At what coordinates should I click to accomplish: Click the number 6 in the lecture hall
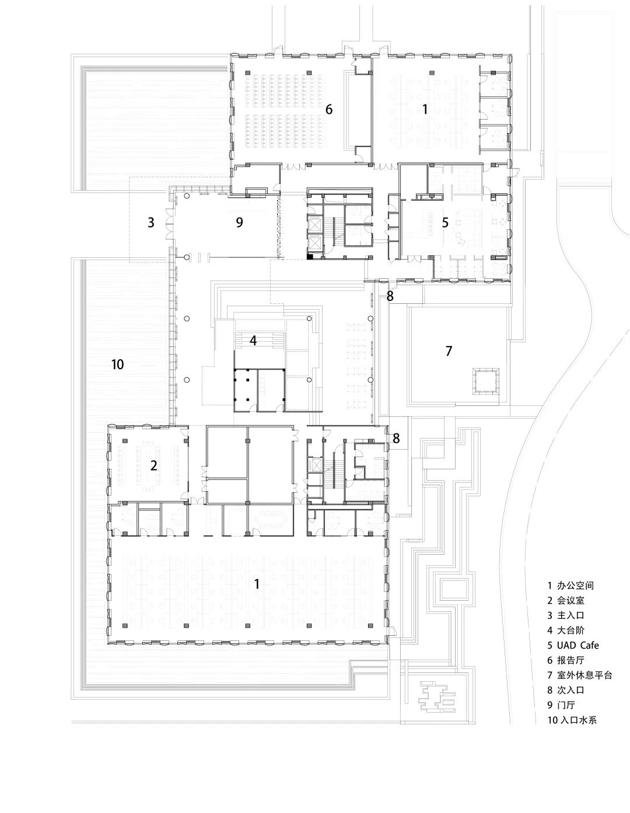point(329,109)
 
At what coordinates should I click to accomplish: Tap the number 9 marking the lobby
point(239,222)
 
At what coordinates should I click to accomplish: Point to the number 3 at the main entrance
point(151,222)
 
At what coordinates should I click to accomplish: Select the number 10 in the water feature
point(117,365)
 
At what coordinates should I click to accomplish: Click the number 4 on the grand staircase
point(253,341)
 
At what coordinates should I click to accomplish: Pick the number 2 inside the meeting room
point(154,465)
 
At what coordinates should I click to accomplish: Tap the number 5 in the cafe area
point(445,222)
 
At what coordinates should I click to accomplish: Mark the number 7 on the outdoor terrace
point(449,351)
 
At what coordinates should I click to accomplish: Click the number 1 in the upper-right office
point(425,109)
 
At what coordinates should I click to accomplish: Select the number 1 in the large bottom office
point(257,583)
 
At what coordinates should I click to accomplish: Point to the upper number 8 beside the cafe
point(390,296)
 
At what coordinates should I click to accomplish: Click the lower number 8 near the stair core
point(396,438)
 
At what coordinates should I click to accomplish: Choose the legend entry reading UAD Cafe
point(573,645)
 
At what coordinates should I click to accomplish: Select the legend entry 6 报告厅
point(566,660)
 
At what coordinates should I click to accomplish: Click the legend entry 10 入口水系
point(572,720)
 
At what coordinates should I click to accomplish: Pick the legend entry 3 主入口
point(566,615)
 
